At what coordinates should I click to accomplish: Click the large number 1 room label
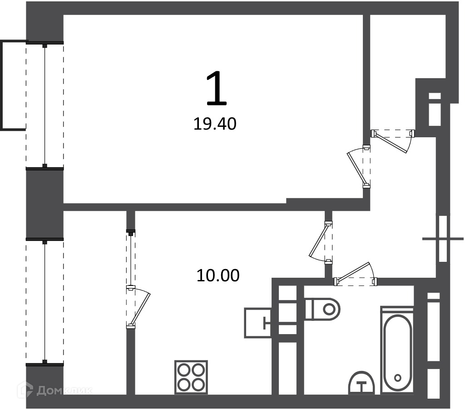coord(217,89)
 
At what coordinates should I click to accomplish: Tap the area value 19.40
coord(215,124)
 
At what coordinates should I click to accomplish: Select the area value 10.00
coord(218,275)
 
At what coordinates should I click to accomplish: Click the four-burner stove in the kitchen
coord(191,377)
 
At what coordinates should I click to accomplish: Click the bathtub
coord(397,350)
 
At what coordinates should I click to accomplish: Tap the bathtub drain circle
coord(398,378)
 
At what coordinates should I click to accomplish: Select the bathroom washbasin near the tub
coord(361,383)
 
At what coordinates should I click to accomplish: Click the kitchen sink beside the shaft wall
coord(257,323)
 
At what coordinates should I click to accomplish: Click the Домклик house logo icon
coord(25,390)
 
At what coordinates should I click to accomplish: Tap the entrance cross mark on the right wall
coord(443,239)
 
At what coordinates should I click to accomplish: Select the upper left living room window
coord(45,105)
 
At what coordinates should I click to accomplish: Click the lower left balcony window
coord(45,302)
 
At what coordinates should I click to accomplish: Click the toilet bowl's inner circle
coord(329,309)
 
